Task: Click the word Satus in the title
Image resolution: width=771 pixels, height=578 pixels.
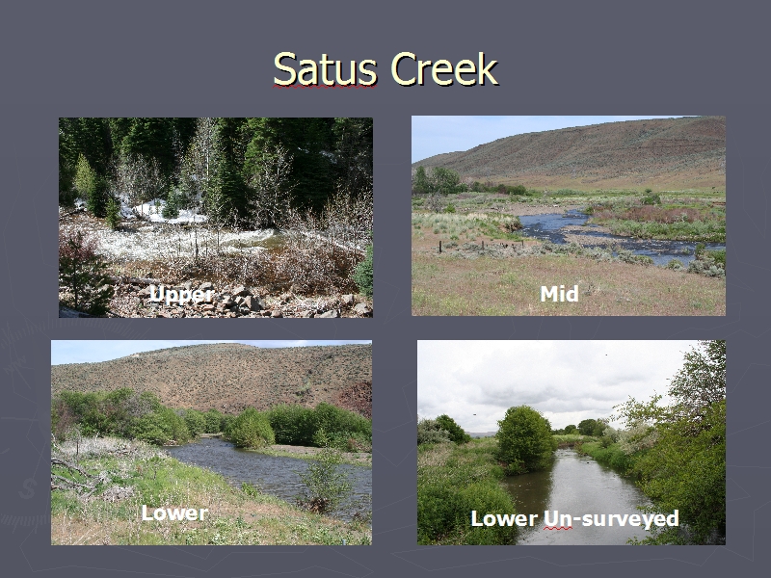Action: tap(325, 68)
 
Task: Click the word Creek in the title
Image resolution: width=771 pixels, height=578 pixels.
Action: tap(444, 68)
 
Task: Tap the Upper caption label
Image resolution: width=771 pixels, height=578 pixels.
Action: tap(181, 295)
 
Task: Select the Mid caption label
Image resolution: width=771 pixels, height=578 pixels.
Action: tap(559, 294)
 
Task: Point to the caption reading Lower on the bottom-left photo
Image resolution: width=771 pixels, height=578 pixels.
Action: tap(174, 513)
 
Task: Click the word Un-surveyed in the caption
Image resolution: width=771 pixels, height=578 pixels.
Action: tap(611, 518)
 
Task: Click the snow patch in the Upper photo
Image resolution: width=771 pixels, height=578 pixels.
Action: tap(162, 211)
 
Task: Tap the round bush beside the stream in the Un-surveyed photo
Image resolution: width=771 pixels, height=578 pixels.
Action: tap(525, 439)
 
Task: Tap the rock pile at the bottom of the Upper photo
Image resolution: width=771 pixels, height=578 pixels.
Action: tap(236, 301)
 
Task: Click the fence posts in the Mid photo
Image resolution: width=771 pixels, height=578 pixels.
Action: tap(472, 246)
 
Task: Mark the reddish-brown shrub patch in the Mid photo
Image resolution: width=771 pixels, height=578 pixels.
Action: tap(654, 214)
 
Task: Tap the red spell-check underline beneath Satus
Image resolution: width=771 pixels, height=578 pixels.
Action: tap(325, 87)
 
